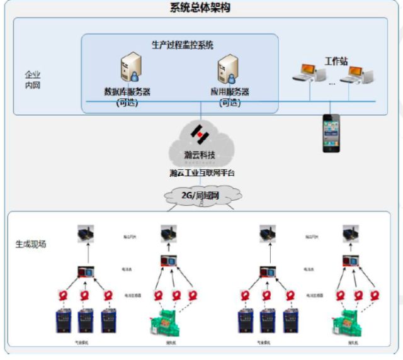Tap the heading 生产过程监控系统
[x=183, y=45]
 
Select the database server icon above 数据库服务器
[x=132, y=68]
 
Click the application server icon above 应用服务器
[x=228, y=68]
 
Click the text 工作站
[x=336, y=61]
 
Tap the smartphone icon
[x=331, y=132]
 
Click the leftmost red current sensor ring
[x=64, y=295]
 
